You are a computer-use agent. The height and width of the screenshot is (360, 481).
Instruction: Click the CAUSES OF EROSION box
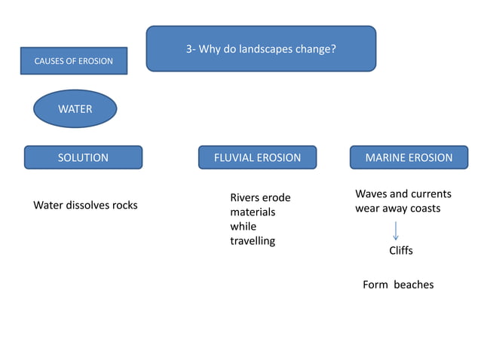[74, 61]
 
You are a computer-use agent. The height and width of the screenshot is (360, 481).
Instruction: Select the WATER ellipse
[75, 109]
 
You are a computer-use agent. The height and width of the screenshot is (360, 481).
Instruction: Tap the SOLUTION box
[83, 157]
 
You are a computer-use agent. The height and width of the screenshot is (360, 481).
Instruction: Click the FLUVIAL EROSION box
[257, 157]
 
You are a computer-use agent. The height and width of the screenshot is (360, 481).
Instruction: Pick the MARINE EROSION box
[409, 157]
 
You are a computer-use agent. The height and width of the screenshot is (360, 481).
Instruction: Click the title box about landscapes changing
[261, 49]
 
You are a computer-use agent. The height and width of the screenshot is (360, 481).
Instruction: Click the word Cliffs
[400, 250]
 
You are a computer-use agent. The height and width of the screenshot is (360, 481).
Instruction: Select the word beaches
[414, 285]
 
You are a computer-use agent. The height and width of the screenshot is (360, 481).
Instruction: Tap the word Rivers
[245, 198]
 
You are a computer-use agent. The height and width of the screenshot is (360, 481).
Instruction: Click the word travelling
[253, 241]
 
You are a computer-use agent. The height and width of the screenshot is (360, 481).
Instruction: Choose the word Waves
[371, 194]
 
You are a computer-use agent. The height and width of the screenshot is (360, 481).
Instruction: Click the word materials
[253, 212]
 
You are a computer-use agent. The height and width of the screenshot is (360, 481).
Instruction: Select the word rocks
[125, 205]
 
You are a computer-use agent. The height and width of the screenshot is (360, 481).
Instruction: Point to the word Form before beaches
[375, 285]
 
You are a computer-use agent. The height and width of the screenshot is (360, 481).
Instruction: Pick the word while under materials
[243, 227]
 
